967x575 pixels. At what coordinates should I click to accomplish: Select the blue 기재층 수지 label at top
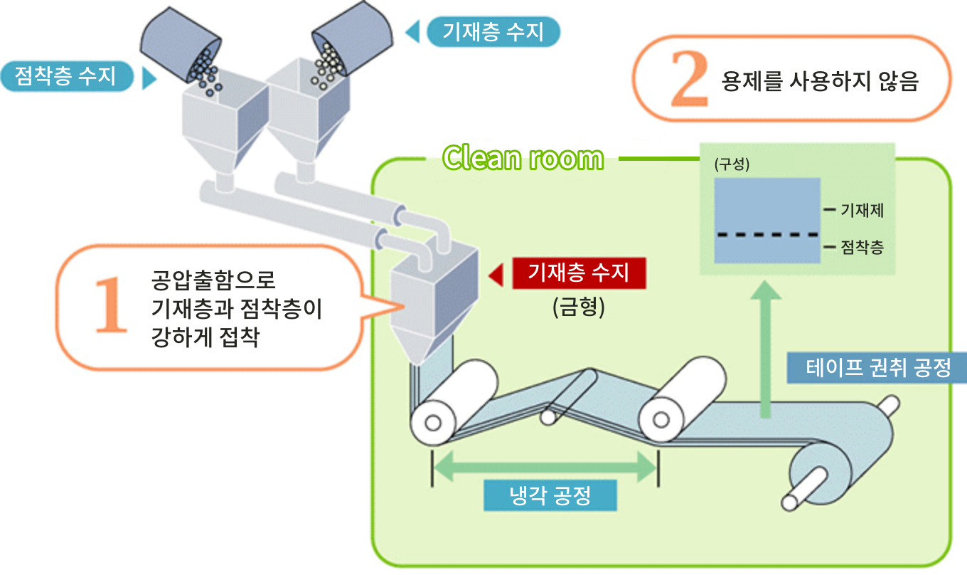[493, 32]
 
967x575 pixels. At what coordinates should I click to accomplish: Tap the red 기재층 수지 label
[579, 273]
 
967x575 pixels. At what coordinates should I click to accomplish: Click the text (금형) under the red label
[578, 308]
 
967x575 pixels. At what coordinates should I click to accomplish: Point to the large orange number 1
[111, 307]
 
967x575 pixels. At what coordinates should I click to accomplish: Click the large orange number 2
[689, 79]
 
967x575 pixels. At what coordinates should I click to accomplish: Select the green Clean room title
[523, 158]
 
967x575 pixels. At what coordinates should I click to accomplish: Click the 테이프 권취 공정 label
[877, 368]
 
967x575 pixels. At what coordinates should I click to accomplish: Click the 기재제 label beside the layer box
[862, 211]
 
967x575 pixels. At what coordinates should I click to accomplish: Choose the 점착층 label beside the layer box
[862, 248]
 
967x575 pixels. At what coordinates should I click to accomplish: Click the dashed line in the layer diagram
[765, 234]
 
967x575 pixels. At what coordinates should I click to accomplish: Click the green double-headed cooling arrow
[544, 467]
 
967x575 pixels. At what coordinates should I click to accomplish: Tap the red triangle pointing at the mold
[496, 274]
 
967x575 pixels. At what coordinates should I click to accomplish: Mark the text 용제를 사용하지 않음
[819, 81]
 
